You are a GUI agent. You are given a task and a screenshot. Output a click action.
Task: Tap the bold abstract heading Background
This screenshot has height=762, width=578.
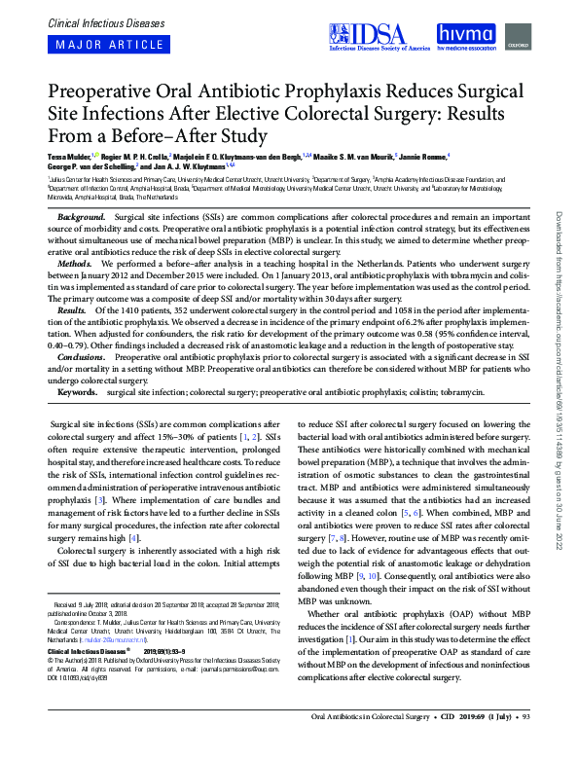pos(82,215)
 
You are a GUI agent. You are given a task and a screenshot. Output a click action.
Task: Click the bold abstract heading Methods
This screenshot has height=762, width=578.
pos(75,264)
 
